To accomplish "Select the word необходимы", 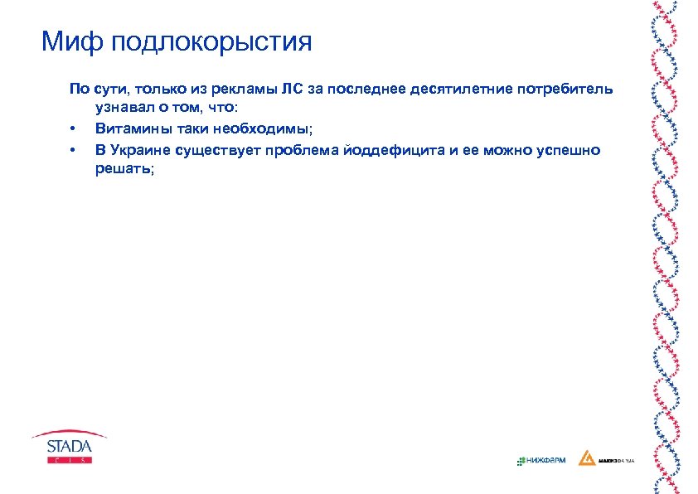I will tap(260, 128).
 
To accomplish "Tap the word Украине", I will tap(141, 149).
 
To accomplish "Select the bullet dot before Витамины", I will tap(73, 129).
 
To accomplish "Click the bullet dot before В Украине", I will tap(73, 150).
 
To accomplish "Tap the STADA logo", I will tap(69, 445).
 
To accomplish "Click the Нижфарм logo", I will tap(540, 460).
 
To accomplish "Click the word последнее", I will tap(364, 90).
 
